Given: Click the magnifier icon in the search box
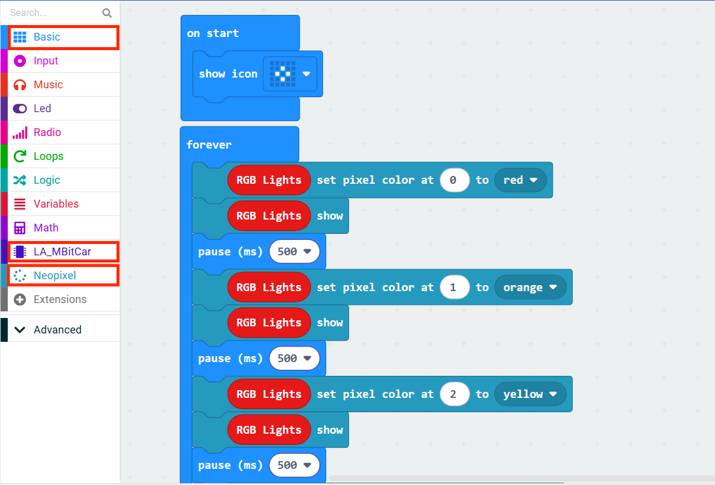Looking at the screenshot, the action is (107, 13).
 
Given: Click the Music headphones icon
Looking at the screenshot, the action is (20, 85).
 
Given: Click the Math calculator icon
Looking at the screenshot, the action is (20, 228).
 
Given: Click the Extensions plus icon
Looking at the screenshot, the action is (20, 299).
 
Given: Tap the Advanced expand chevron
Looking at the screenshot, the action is (20, 330).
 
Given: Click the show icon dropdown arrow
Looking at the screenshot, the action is (306, 74).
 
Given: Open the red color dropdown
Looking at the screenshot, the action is (520, 180).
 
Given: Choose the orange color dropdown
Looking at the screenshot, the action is (530, 287).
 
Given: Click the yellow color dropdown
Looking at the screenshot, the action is (530, 394).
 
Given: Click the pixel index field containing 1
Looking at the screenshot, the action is (454, 287).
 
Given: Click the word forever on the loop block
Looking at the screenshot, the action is (209, 145).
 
